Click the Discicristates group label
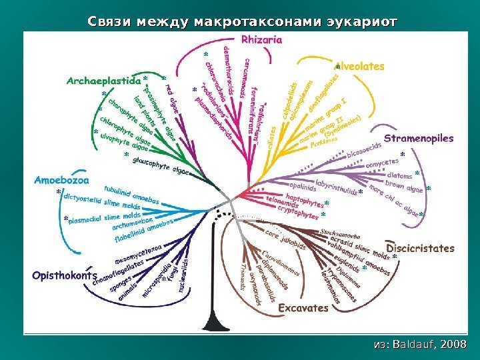[x=421, y=248]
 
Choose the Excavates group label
[x=303, y=308]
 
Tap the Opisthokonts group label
[x=63, y=275]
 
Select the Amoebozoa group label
[x=61, y=179]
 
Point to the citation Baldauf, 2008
[x=421, y=343]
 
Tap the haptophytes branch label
[x=299, y=199]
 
